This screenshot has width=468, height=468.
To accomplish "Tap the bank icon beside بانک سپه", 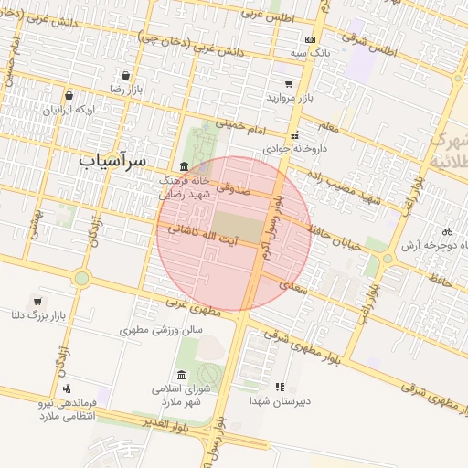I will pyautogui.click(x=310, y=40).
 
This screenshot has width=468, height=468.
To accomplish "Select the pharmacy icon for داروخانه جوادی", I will pyautogui.click(x=293, y=135).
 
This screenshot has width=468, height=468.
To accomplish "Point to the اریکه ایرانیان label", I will pyautogui.click(x=69, y=109).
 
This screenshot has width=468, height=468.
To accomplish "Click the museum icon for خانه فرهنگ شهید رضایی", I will pyautogui.click(x=185, y=166).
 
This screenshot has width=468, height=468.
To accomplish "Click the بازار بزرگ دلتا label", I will pyautogui.click(x=37, y=316).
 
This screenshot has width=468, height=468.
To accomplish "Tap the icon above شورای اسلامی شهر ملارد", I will pyautogui.click(x=182, y=375).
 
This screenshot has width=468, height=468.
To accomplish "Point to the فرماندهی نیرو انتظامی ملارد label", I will pyautogui.click(x=69, y=409).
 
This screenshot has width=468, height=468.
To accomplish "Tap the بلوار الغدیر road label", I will pyautogui.click(x=170, y=423).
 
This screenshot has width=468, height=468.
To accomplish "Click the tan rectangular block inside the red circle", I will pyautogui.click(x=236, y=227).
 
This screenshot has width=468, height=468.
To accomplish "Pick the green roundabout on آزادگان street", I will pyautogui.click(x=82, y=277).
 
